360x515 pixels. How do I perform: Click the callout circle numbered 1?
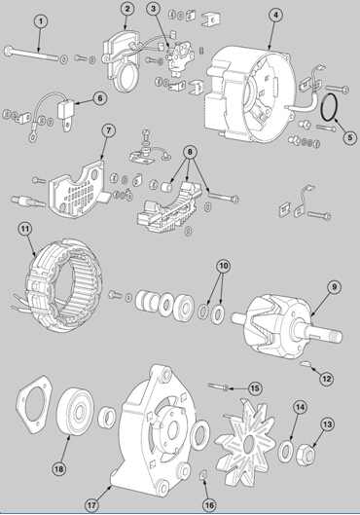click(x=41, y=21)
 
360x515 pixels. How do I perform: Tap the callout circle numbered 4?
click(x=275, y=16)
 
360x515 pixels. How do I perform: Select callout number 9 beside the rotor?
click(x=334, y=287)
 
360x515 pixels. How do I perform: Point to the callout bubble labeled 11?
click(x=25, y=230)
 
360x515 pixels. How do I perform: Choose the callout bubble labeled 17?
click(x=91, y=504)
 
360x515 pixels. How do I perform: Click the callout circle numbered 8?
click(x=191, y=152)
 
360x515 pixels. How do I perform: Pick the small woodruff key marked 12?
click(x=306, y=363)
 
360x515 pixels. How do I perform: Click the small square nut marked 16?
click(x=202, y=475)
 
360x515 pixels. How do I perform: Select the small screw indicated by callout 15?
click(x=217, y=386)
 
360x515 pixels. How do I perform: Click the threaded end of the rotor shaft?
click(x=332, y=336)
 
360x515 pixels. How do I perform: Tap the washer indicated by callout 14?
click(x=285, y=451)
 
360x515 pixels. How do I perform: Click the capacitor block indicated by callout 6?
click(x=65, y=108)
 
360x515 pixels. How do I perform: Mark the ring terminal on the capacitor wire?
click(x=32, y=136)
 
